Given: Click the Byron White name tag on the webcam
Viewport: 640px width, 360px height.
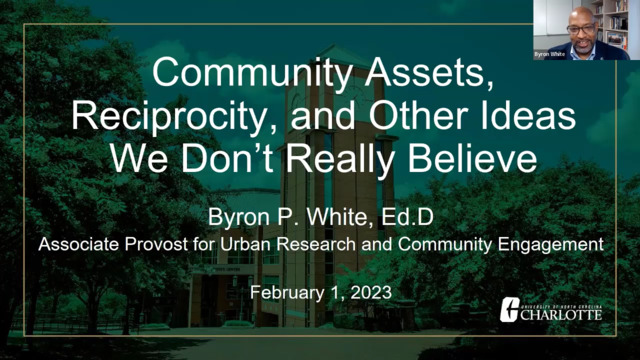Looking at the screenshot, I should click(x=549, y=54).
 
